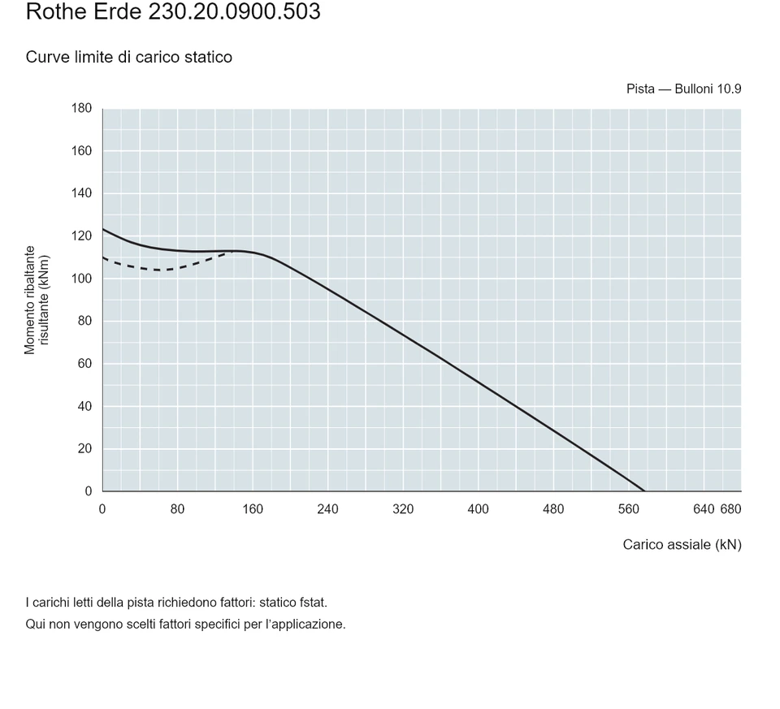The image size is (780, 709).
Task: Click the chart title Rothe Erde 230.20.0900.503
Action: (173, 11)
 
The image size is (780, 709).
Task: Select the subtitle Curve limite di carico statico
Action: (129, 57)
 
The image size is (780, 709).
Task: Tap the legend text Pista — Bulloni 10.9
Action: (683, 89)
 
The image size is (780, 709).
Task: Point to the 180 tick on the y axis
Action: (81, 108)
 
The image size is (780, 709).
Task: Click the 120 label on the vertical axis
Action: (81, 236)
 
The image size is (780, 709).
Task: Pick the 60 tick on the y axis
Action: (84, 364)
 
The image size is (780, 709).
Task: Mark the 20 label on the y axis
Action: (84, 448)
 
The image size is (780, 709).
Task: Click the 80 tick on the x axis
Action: (178, 509)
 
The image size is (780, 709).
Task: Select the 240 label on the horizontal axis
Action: (327, 509)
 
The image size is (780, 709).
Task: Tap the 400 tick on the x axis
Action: (478, 509)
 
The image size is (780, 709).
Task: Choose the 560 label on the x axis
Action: (628, 509)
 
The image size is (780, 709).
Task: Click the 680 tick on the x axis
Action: (730, 509)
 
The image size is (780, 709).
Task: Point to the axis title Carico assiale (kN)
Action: (682, 545)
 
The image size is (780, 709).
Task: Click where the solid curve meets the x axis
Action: (644, 491)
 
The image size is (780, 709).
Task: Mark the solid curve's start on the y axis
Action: (103, 229)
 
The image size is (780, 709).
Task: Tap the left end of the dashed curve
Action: (103, 257)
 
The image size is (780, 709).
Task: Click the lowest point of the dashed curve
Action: (160, 270)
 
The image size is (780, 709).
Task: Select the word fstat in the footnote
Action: (312, 603)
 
